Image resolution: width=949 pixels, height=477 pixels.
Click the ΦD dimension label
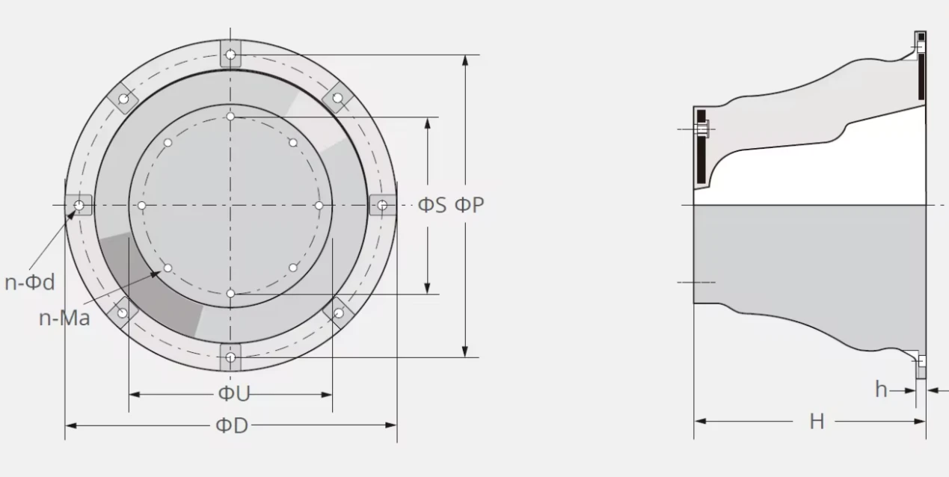tap(232, 425)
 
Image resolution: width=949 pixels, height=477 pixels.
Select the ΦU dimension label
tap(234, 394)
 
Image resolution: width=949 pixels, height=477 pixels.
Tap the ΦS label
tap(432, 205)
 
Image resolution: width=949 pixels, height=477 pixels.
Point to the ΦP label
tap(470, 205)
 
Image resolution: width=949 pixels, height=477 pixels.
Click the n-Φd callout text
tap(30, 282)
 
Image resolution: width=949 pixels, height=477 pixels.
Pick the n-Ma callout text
tap(64, 318)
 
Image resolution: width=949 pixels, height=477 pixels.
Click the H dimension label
tap(817, 422)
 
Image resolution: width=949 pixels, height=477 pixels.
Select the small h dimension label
tap(881, 389)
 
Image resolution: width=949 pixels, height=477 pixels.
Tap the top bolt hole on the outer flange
tap(230, 55)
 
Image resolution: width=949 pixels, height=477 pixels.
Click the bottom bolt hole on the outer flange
tap(230, 357)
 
